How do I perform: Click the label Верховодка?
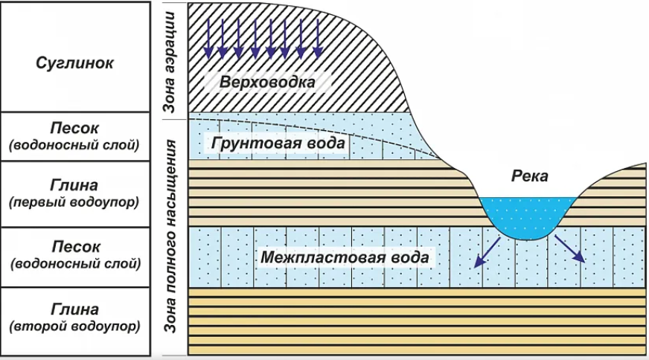point(267,81)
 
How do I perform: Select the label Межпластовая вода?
point(345,257)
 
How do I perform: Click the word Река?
point(529,176)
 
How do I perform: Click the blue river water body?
point(528,216)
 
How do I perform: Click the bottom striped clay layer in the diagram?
point(417,320)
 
